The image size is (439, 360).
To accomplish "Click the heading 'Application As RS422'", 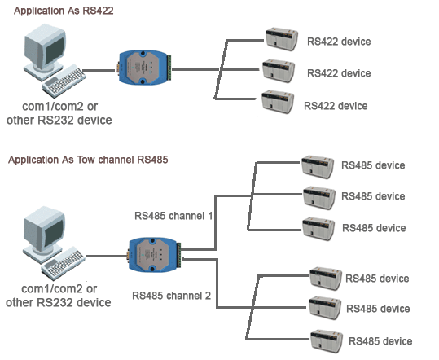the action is click(x=64, y=11).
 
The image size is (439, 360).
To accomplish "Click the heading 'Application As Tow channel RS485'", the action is click(x=88, y=160).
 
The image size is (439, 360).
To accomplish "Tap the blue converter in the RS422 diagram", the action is click(x=143, y=68).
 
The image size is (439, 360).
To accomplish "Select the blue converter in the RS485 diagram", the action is click(x=153, y=255).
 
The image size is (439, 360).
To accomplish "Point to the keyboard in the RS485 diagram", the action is click(x=64, y=264).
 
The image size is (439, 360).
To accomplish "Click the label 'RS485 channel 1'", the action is click(x=173, y=216).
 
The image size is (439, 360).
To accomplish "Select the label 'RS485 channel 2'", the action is click(x=171, y=296).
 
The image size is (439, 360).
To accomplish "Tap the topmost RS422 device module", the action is click(x=281, y=39).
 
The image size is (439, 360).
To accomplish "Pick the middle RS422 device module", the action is click(x=279, y=71).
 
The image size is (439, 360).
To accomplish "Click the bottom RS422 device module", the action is click(x=278, y=102).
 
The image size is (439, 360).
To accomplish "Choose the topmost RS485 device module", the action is click(x=318, y=167).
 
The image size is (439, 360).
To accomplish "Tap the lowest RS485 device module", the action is click(x=327, y=341).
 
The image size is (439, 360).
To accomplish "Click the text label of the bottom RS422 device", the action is click(x=336, y=106).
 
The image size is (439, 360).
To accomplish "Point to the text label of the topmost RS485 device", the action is click(x=373, y=165).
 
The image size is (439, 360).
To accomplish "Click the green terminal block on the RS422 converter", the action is click(x=169, y=68).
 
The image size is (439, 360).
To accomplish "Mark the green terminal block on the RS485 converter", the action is click(x=179, y=255).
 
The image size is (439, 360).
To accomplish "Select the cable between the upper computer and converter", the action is click(x=99, y=70).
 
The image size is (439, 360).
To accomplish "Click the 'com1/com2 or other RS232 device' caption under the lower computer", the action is click(x=59, y=296).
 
